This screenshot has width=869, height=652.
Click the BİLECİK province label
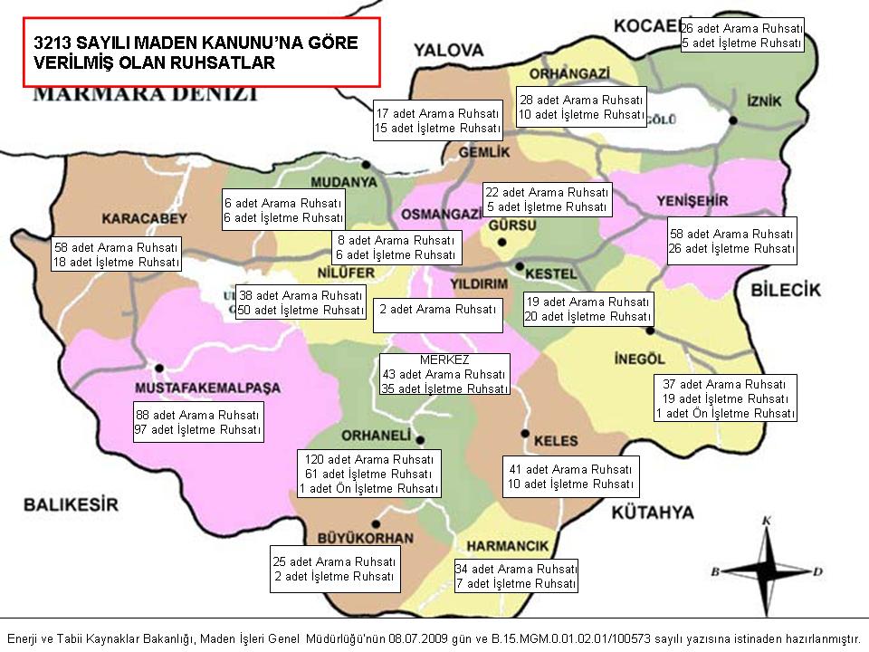click(x=785, y=290)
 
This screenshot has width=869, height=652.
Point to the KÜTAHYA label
click(x=652, y=513)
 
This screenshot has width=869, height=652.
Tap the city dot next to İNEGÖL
click(x=650, y=331)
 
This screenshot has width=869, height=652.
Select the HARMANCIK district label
click(x=508, y=546)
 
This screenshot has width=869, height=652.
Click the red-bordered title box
click(x=201, y=52)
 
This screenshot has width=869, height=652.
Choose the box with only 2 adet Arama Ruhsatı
click(x=438, y=310)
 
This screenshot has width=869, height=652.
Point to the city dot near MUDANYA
click(x=367, y=165)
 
